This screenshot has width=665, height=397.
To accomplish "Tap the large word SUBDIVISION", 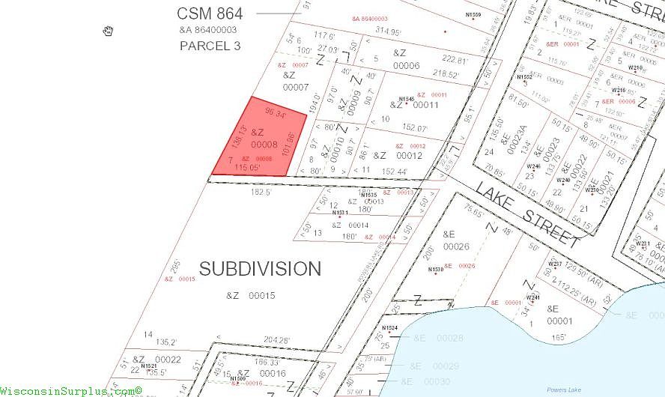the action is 260,268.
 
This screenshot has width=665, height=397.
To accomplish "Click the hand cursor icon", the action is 109,31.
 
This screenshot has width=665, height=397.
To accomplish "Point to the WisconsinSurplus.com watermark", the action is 71,391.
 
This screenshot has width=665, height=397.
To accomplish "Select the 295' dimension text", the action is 174,268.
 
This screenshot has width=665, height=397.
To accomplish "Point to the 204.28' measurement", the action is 276,340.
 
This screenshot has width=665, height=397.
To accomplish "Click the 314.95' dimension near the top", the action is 389,31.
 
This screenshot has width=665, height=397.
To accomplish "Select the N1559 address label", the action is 473,14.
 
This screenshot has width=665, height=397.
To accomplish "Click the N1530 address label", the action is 436,270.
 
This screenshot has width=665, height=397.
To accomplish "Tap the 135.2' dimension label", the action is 166,342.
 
